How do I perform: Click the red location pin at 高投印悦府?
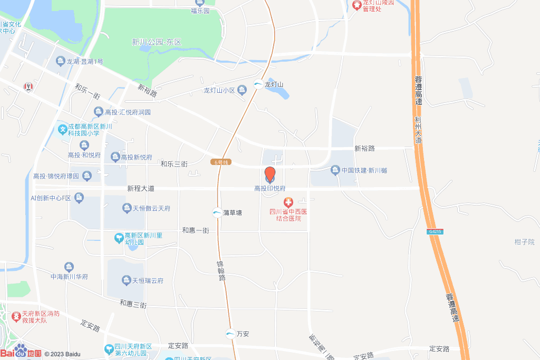269,174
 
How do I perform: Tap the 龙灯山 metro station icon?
258,84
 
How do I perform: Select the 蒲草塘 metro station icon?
217,213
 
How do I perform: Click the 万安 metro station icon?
230,334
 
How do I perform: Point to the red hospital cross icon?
288,202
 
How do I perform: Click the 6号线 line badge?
220,162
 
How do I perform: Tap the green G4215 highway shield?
435,231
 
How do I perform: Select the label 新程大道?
141,188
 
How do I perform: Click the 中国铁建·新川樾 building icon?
335,170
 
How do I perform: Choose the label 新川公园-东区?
157,42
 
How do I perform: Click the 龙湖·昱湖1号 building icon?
61,62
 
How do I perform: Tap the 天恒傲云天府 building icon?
127,208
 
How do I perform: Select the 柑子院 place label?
524,241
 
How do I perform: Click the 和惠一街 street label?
196,230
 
